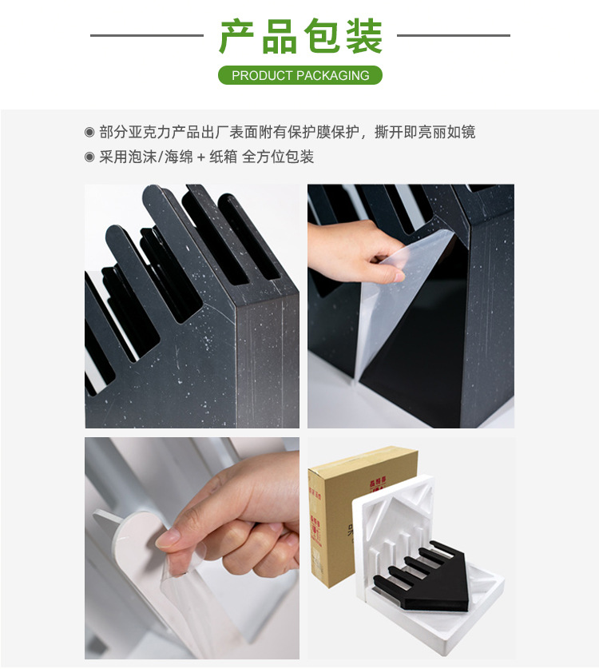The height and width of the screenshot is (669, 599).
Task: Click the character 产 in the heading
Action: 239,36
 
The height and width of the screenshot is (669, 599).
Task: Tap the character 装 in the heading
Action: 363,36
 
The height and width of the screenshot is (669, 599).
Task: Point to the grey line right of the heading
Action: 453,35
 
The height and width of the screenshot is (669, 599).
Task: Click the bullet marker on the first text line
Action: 89,132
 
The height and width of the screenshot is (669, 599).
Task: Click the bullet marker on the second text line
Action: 89,157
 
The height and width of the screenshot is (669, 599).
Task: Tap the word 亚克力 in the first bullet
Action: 152,132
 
